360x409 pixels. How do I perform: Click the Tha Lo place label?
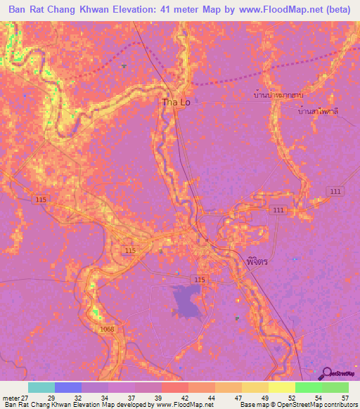[176, 103]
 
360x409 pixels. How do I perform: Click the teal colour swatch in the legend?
[41, 387]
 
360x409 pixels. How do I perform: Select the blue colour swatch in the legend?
[68, 387]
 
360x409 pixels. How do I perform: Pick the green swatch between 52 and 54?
[308, 387]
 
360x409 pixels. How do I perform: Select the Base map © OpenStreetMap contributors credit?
[295, 405]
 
